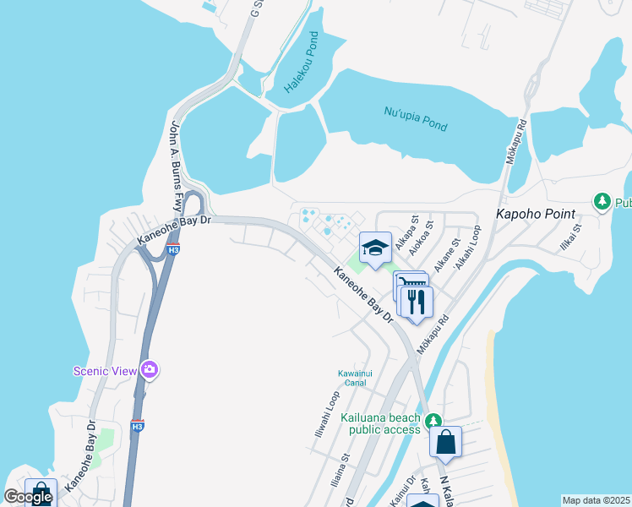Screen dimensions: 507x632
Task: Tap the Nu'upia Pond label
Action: [x=415, y=119]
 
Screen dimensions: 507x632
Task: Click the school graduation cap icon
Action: [x=375, y=248]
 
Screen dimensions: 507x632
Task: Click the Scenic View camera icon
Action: [x=150, y=368]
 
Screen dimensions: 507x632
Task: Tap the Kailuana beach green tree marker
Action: [x=433, y=420]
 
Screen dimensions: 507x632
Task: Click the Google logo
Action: [x=28, y=497]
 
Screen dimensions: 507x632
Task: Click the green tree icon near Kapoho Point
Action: [x=602, y=201]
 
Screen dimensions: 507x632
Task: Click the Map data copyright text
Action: [x=596, y=500]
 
